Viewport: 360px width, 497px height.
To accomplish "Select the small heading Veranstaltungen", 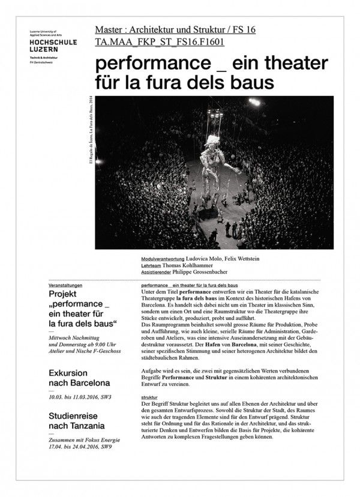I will click(x=65, y=286).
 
